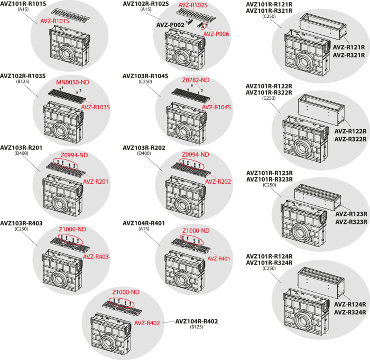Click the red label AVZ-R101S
coord(55,21)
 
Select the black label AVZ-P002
coord(171,25)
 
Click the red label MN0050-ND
coord(72,83)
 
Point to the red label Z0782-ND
coord(195,80)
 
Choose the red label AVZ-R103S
coord(96,107)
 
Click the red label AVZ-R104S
coord(216,107)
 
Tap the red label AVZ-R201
coord(96,181)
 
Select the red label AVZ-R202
coord(218,181)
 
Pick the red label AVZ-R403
coord(96,257)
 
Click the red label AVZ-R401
coord(219,258)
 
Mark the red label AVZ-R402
coord(147,323)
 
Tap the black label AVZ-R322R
coord(351,139)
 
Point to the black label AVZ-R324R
coord(350,312)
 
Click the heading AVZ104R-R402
coord(196,322)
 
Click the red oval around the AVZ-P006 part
coord(204,26)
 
